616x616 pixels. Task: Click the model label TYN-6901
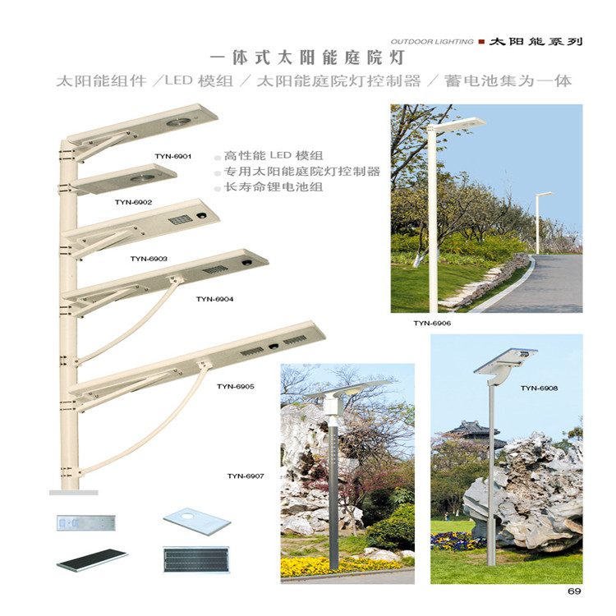(172, 155)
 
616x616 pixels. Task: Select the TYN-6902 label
(133, 201)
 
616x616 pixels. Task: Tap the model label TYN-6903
(149, 259)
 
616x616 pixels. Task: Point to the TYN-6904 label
(214, 299)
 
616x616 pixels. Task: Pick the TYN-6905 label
(236, 386)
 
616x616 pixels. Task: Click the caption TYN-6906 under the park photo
(432, 324)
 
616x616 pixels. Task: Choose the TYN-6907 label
(246, 476)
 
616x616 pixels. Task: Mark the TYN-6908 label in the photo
(539, 388)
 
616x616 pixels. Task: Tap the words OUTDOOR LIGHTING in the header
(432, 41)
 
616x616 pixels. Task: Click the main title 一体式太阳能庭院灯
(308, 58)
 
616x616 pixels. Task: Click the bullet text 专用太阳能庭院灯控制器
(302, 172)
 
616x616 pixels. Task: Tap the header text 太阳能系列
(535, 40)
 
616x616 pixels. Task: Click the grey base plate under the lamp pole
(73, 492)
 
